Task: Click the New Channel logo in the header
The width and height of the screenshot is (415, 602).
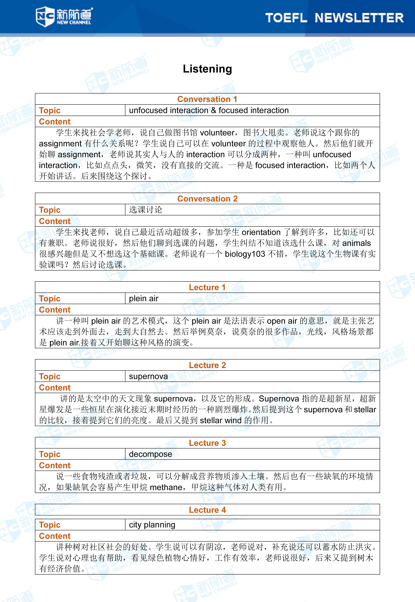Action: click(x=64, y=16)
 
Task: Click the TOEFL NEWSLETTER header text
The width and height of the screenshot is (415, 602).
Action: click(x=334, y=18)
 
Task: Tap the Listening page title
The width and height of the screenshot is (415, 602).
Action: click(x=207, y=69)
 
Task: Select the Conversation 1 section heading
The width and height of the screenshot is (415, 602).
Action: click(x=207, y=99)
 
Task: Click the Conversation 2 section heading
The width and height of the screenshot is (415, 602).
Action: click(x=207, y=199)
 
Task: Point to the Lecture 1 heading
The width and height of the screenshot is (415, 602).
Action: click(x=207, y=287)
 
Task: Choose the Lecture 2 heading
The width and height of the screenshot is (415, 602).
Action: click(x=207, y=365)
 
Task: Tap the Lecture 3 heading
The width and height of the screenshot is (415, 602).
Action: click(x=207, y=443)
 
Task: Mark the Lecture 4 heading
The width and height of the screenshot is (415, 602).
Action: click(x=207, y=510)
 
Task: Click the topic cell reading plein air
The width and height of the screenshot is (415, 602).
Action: click(x=144, y=298)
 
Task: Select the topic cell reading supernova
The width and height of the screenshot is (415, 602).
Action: click(x=148, y=376)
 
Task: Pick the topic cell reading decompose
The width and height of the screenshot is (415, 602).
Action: click(x=150, y=454)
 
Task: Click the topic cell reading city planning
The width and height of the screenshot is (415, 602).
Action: click(x=152, y=525)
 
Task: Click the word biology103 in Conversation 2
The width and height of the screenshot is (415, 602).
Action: click(x=245, y=254)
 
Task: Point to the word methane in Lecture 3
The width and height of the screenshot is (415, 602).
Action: click(x=166, y=487)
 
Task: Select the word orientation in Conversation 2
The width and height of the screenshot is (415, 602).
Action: click(x=261, y=232)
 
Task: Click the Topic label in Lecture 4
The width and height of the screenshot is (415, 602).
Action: click(x=50, y=525)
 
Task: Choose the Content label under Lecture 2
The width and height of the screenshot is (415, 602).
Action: click(x=55, y=387)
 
